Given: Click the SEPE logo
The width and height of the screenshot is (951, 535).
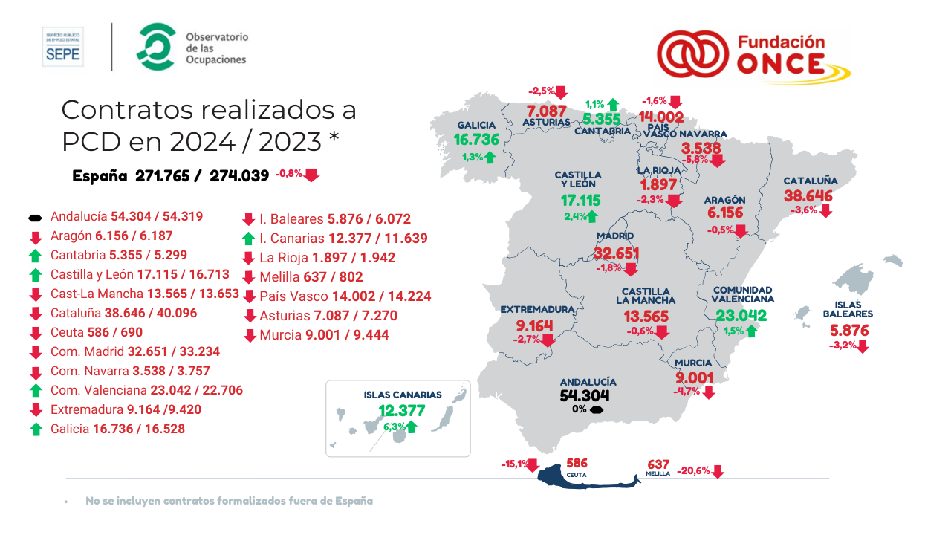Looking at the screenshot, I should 63,47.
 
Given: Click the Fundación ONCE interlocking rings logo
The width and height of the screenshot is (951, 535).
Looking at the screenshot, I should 692,54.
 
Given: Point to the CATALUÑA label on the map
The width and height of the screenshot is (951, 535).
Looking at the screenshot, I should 810,181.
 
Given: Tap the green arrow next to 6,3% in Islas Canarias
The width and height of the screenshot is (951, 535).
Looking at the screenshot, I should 410,427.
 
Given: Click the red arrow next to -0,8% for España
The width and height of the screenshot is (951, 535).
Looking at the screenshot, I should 311,175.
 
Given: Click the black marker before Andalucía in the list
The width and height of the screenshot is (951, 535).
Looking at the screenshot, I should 34,218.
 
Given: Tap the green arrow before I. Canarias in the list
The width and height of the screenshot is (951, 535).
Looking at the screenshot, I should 249,239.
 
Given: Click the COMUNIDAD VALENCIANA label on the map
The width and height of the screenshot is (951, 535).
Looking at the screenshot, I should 742,294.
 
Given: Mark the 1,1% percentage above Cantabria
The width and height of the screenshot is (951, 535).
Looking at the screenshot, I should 594,105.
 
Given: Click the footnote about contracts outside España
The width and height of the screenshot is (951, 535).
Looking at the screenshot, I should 229,501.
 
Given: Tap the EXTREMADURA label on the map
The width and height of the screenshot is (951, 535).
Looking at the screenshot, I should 537,309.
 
